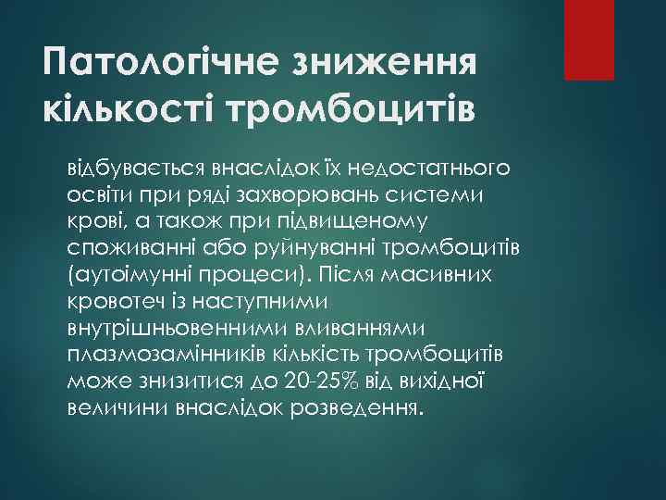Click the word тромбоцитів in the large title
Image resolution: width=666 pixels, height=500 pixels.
(x=360, y=110)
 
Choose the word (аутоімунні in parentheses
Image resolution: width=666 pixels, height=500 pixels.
(x=121, y=275)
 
